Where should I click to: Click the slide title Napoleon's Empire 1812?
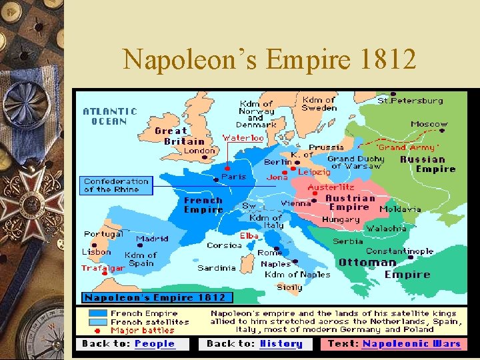point(269,60)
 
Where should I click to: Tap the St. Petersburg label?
point(410,101)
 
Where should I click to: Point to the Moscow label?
point(429,124)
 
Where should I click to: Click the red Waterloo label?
point(244,138)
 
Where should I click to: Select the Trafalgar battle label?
point(103,269)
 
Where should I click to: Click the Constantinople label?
point(399,251)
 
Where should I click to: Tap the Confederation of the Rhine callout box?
point(117,185)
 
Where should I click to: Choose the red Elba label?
point(249,236)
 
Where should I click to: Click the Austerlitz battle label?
point(331,188)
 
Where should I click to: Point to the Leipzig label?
point(314,172)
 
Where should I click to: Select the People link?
point(155,344)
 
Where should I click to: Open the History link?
point(281,344)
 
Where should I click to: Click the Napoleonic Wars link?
point(411,344)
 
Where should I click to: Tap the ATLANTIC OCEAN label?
point(110,117)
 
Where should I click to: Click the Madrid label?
point(152,239)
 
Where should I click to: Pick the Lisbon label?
point(97,252)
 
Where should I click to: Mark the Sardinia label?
point(217,268)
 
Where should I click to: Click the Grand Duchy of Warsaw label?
point(356,163)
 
